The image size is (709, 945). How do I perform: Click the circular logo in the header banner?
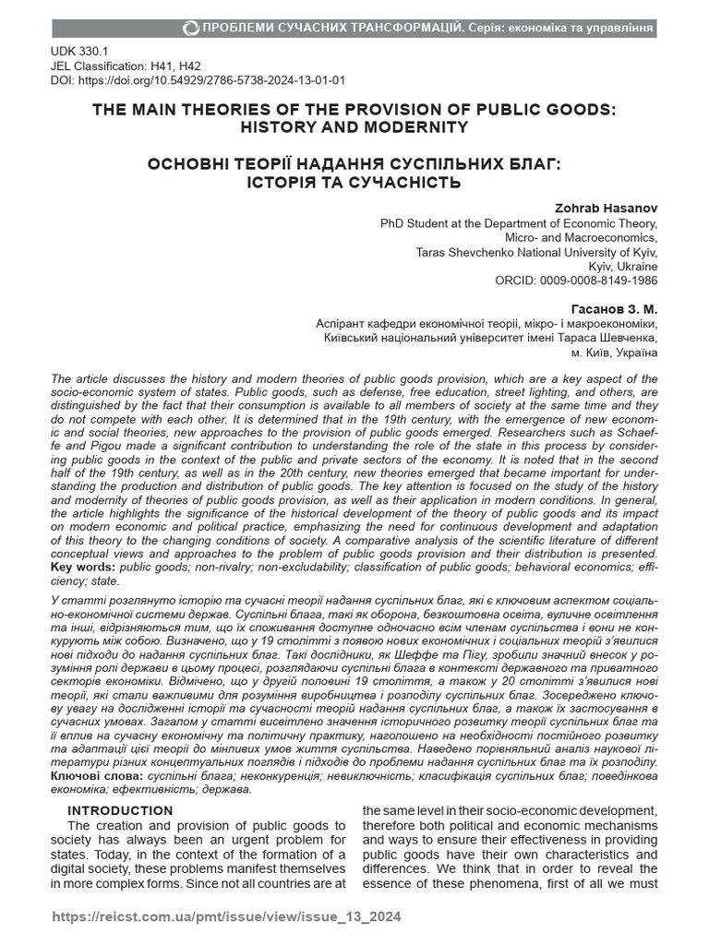pyautogui.click(x=191, y=28)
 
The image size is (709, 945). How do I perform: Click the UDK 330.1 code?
pyautogui.click(x=79, y=52)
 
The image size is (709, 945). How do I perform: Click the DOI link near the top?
pyautogui.click(x=198, y=80)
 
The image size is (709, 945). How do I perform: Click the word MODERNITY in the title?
pyautogui.click(x=409, y=126)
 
